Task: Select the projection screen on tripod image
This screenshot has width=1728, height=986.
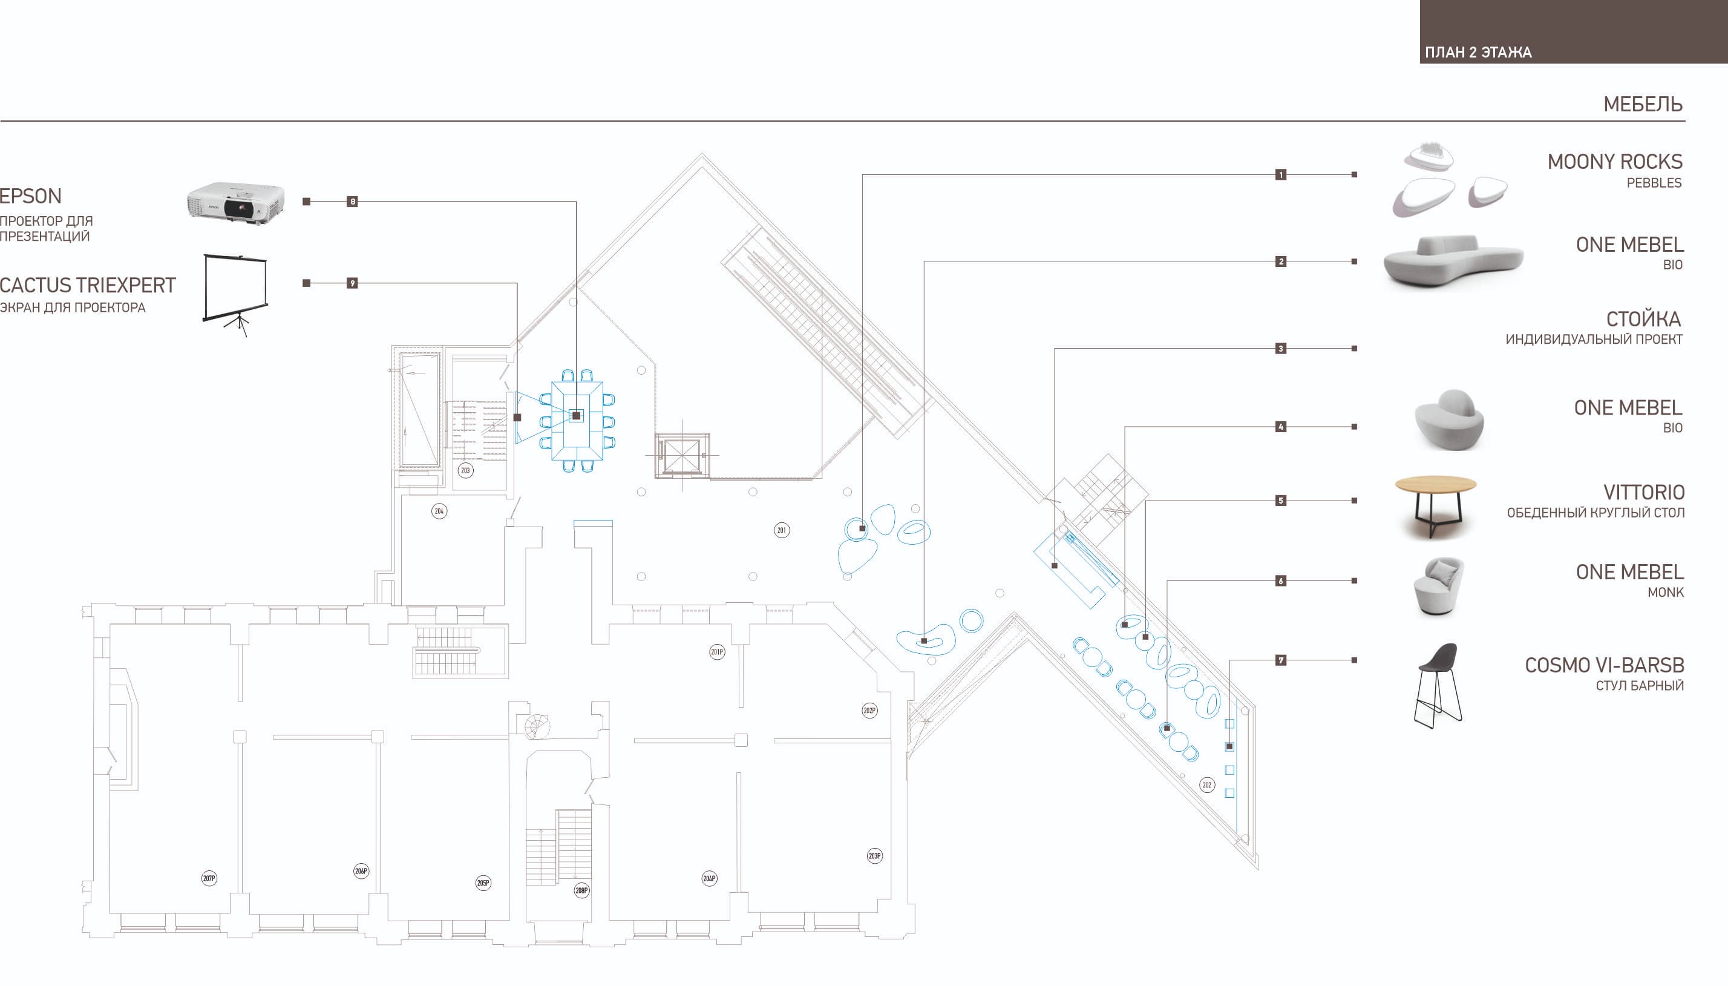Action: tap(235, 295)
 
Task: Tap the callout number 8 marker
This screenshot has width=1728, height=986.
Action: tap(352, 201)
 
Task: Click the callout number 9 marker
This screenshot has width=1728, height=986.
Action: tap(352, 283)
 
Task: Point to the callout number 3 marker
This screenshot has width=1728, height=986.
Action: tap(1281, 349)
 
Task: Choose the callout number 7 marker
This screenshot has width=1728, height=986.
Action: tap(1281, 660)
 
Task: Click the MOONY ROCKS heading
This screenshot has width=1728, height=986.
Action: tap(1614, 162)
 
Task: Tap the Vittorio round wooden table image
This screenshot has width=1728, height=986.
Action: tap(1436, 507)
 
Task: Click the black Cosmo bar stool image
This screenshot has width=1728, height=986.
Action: tap(1438, 686)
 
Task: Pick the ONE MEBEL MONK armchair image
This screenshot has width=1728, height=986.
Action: tap(1439, 587)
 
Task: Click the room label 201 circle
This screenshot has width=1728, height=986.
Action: tap(782, 530)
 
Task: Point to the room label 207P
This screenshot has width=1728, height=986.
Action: tap(209, 879)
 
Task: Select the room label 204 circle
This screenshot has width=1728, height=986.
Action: tap(439, 511)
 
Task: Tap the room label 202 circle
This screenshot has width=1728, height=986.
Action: tap(1207, 786)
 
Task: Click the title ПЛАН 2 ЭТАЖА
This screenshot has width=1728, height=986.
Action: tap(1478, 52)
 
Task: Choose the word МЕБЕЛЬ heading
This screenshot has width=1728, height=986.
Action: tap(1643, 104)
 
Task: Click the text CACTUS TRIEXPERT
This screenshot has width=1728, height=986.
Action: tap(88, 285)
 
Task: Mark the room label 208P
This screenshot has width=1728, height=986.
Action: tap(581, 890)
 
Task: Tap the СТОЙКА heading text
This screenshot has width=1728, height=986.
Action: tap(1644, 319)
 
